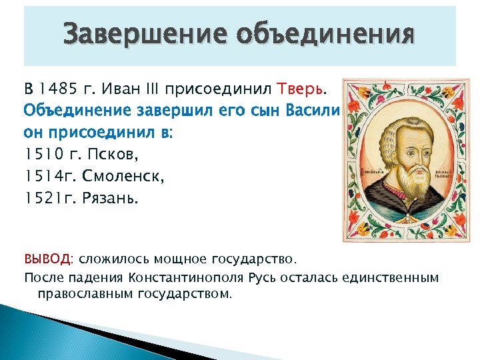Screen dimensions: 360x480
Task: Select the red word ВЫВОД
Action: click(51, 259)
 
